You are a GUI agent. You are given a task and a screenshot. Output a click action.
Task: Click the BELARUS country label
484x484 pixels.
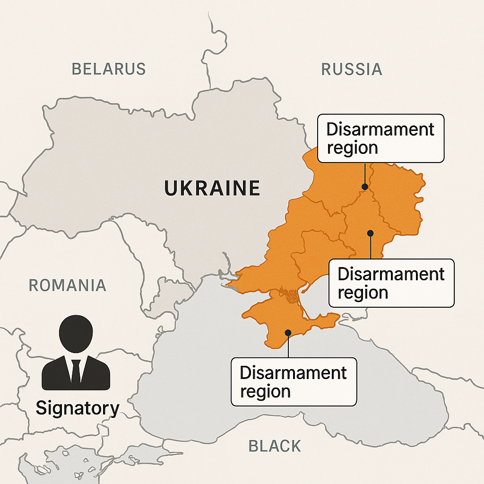coord(109,69)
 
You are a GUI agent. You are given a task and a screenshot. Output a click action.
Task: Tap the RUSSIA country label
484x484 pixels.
coord(352,69)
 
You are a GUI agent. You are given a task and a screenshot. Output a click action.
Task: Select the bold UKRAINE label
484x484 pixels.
coord(212,188)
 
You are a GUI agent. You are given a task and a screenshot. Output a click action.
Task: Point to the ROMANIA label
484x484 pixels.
coord(68,285)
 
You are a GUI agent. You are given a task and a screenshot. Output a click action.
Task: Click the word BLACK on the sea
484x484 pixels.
coord(275,446)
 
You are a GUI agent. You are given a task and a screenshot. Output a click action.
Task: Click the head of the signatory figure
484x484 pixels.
coord(76,333)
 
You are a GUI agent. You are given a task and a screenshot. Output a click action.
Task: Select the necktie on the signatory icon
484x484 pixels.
coord(76,371)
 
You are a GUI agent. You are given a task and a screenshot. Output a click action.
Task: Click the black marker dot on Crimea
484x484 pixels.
coord(288,332)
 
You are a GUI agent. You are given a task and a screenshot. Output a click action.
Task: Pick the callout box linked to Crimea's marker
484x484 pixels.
coord(294,381)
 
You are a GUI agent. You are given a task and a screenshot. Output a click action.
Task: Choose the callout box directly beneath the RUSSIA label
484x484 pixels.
coord(380,138)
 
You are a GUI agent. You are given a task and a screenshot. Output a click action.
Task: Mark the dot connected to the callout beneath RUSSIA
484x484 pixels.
coord(365,187)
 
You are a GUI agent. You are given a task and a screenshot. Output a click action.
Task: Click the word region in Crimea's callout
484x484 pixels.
coord(265,391)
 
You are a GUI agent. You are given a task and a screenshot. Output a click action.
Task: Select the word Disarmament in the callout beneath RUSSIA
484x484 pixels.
coord(380,129)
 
